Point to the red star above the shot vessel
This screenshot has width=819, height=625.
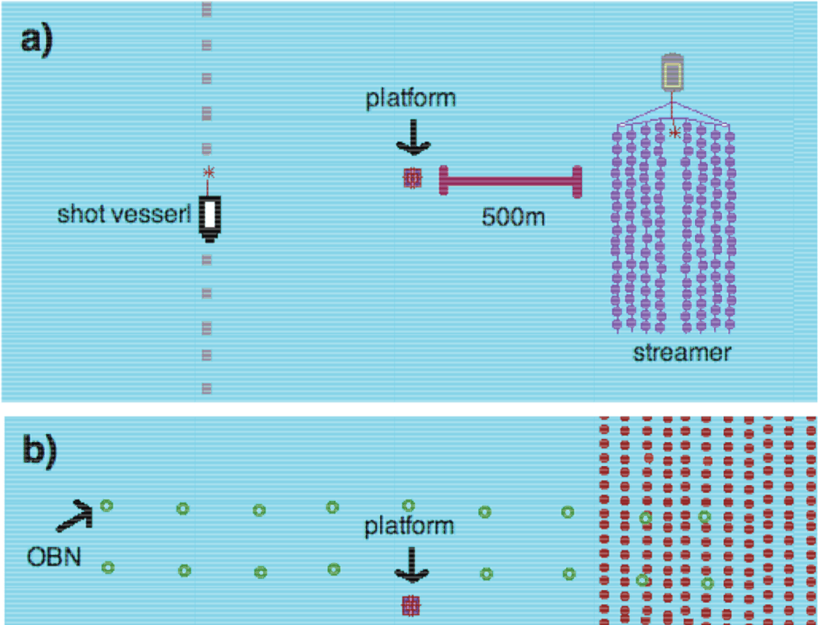click(x=209, y=171)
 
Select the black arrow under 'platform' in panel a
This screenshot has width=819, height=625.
click(x=411, y=139)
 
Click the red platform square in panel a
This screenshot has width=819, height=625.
click(x=412, y=179)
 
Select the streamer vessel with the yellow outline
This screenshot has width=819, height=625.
click(x=673, y=73)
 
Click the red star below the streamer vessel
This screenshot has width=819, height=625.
click(x=675, y=133)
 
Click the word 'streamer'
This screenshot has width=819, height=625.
click(x=681, y=352)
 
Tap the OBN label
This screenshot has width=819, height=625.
click(x=53, y=553)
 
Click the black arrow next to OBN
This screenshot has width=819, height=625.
click(x=74, y=516)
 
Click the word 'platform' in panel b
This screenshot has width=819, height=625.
click(x=409, y=526)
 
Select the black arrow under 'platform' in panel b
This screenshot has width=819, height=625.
click(x=410, y=567)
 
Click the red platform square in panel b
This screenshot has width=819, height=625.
click(x=410, y=606)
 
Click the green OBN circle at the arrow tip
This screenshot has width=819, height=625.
click(x=106, y=505)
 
